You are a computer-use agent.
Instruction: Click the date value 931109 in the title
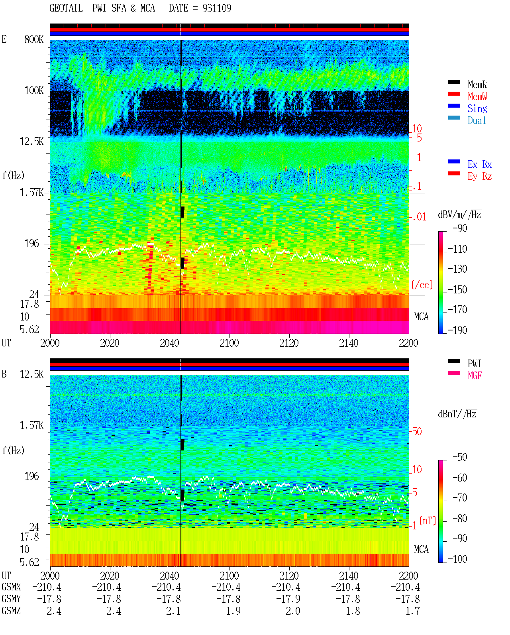click(217, 8)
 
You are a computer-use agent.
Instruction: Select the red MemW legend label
click(477, 96)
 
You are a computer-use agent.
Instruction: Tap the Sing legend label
click(477, 108)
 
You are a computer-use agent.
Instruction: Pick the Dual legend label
click(477, 120)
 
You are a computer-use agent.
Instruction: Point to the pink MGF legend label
click(475, 375)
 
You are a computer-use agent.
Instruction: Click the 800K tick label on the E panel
click(34, 39)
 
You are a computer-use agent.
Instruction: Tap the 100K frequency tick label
click(34, 90)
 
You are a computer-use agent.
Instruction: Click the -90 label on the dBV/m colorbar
click(460, 228)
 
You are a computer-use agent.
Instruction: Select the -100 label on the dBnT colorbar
click(457, 559)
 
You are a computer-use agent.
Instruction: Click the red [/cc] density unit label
click(422, 285)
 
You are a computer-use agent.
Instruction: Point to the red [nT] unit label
click(428, 521)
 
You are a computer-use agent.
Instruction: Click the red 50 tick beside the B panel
click(417, 432)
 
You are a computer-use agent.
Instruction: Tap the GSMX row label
click(11, 587)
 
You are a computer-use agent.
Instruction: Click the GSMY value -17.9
click(288, 599)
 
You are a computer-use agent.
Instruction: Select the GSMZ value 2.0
click(293, 611)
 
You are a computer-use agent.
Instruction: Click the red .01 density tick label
click(419, 217)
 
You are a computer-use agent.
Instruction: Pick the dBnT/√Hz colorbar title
click(457, 414)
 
